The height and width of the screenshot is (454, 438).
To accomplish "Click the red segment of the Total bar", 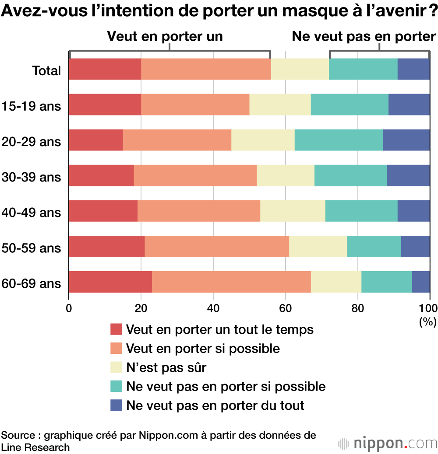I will coord(105,69).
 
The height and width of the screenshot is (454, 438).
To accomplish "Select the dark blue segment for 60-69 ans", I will coord(421,282).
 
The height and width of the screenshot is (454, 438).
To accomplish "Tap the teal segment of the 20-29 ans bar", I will coord(339,140).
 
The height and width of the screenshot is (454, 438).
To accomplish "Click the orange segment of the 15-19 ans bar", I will coord(195,105).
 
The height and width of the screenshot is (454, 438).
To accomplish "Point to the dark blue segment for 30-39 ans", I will coord(408,175).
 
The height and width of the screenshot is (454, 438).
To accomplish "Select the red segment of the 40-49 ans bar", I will coord(103,211).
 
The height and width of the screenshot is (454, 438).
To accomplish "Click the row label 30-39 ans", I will coord(31,177).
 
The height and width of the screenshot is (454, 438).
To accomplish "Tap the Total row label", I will coord(46,70).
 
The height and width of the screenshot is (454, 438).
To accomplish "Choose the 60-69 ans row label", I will coord(31,283).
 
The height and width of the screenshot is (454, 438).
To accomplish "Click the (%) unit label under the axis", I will coord(427,322).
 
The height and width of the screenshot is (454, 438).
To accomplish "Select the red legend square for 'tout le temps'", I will coord(116,329).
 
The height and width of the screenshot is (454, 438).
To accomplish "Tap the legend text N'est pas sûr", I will coord(166,367).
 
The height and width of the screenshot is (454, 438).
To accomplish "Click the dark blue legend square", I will coord(116,405).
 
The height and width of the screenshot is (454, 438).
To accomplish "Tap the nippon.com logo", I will coord(388,443).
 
